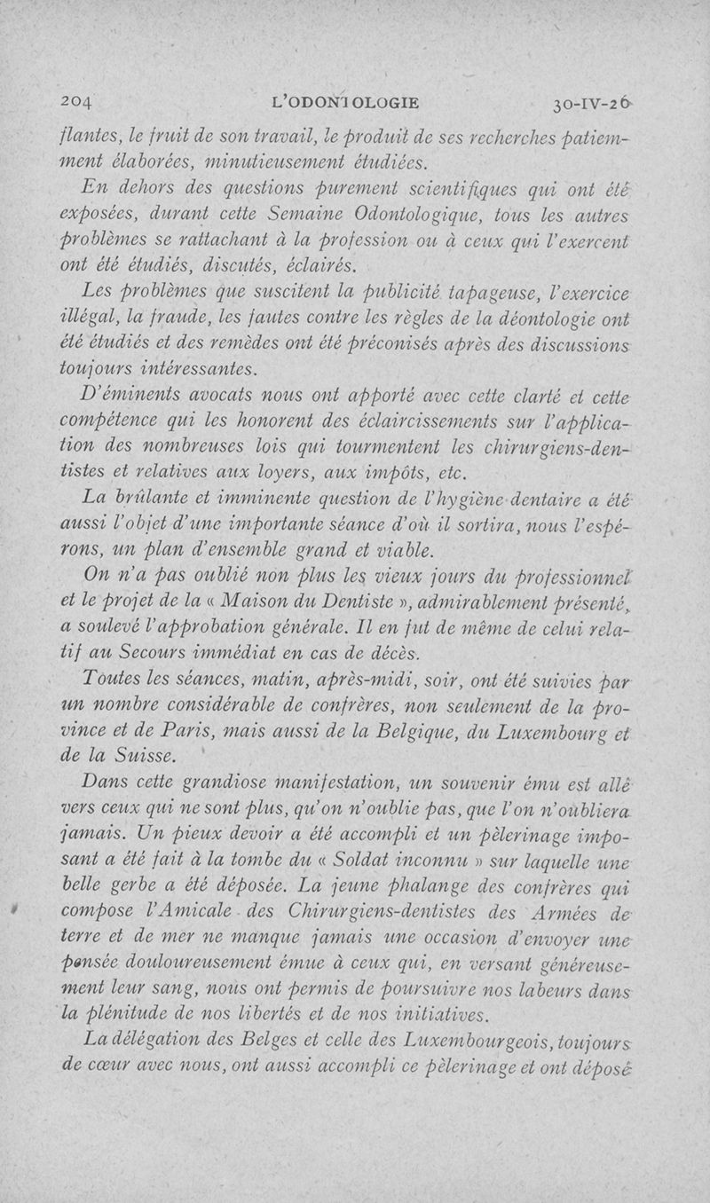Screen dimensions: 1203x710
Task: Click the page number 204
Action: [77, 101]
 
